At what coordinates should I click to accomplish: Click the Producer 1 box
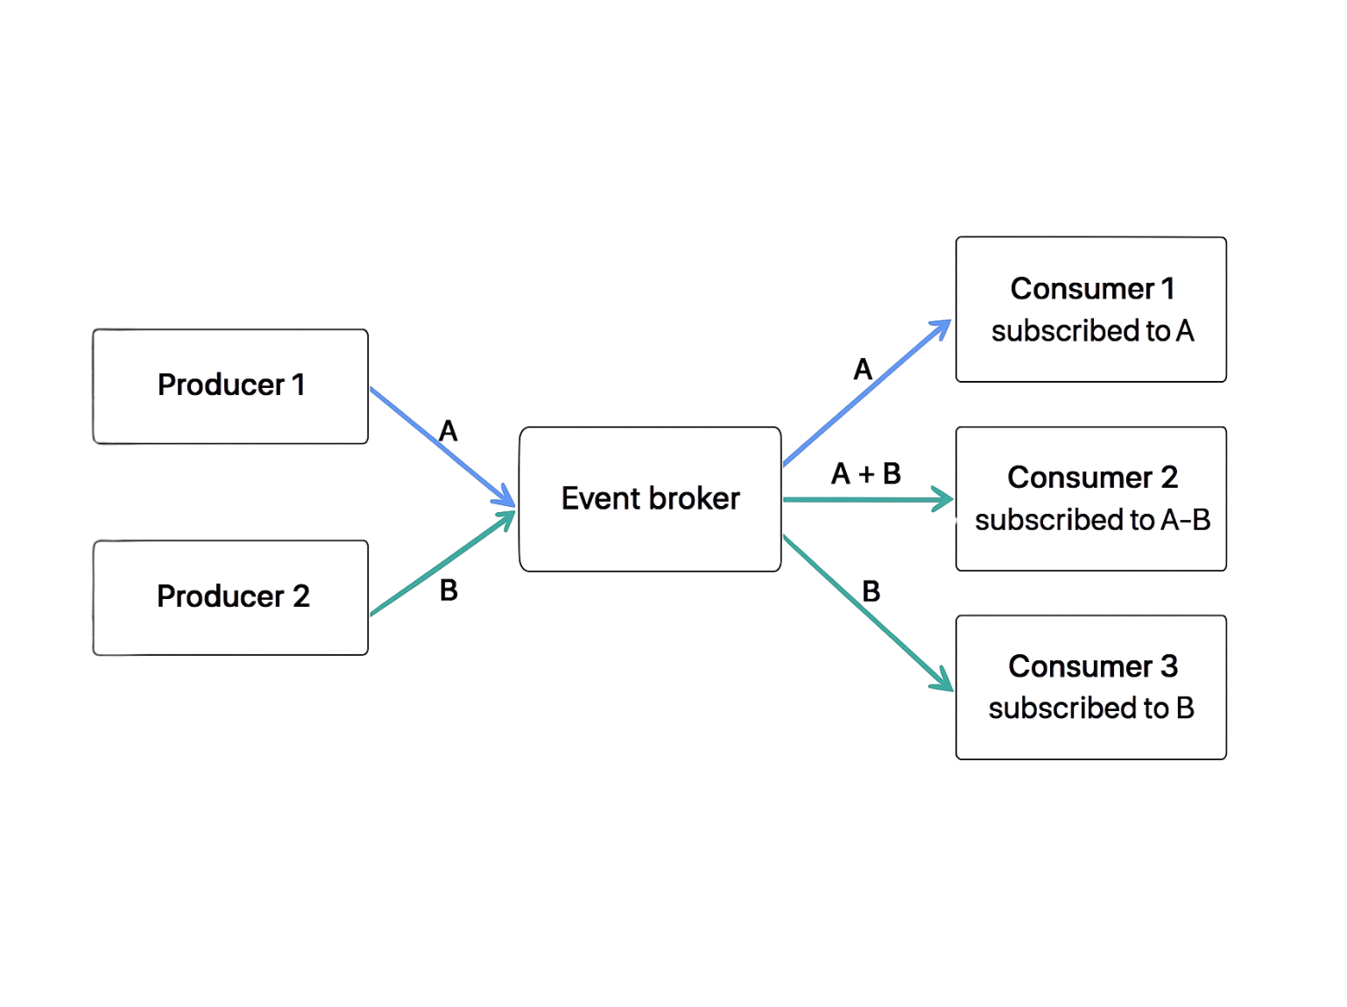230,386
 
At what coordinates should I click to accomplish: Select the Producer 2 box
230,597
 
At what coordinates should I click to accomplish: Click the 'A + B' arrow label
865,474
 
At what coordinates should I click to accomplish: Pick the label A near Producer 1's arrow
448,431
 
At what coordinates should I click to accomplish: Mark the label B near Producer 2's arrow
448,591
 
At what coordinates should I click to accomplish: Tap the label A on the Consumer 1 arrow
863,370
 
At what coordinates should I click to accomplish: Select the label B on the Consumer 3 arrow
871,592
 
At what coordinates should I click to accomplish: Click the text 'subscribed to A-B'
1092,520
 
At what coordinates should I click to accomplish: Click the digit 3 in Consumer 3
1169,666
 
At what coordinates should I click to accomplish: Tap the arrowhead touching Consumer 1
942,327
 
